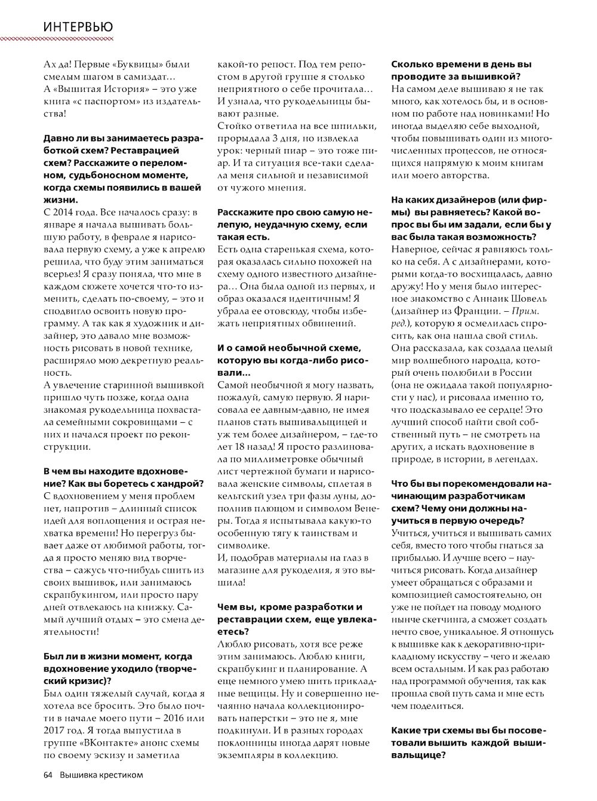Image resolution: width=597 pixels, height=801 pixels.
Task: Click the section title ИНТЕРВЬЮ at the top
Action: (x=78, y=26)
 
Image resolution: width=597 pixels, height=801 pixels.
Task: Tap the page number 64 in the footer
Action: (x=49, y=775)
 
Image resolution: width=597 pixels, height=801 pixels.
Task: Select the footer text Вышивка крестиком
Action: (x=101, y=775)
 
